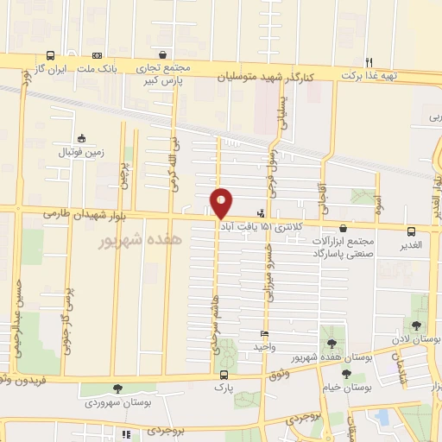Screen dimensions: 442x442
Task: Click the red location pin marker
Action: [x=221, y=202]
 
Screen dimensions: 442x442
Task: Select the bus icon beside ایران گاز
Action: [x=51, y=54]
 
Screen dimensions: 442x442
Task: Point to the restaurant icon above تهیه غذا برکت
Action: [x=369, y=62]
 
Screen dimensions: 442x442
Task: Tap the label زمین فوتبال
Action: [x=81, y=152]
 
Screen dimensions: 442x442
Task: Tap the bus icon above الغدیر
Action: [x=411, y=231]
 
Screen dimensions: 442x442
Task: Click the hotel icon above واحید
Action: [x=264, y=333]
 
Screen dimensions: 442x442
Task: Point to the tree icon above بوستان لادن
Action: [x=417, y=325]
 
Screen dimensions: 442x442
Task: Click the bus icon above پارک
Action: [x=224, y=375]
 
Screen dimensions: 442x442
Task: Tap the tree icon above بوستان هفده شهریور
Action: [x=331, y=344]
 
